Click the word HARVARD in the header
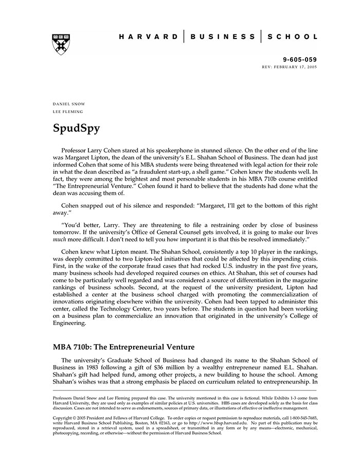[x=149, y=37]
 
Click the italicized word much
[x=59, y=241]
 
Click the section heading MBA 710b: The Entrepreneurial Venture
[x=123, y=347]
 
